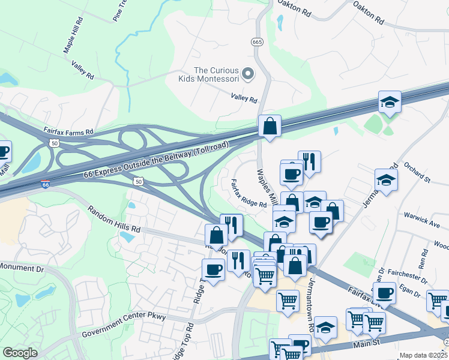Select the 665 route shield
coord(257,41)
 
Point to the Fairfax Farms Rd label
coord(69,130)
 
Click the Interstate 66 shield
coord(46,185)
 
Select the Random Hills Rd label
coord(113,220)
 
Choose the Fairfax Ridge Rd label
coord(249,195)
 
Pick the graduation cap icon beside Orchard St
coord(386,179)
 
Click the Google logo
coord(20,353)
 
